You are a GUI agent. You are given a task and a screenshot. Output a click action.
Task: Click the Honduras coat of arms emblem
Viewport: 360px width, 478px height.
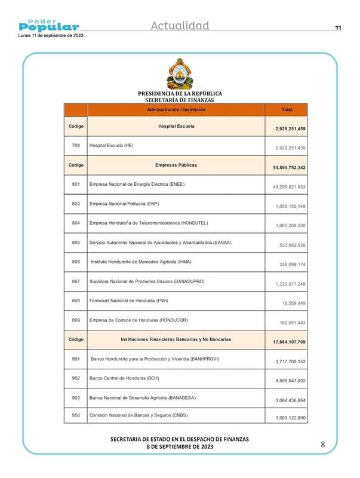click(x=180, y=74)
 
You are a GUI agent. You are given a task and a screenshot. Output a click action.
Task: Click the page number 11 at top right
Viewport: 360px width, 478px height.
click(x=338, y=28)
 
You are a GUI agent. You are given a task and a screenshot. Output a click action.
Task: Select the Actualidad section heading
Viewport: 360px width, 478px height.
click(x=180, y=26)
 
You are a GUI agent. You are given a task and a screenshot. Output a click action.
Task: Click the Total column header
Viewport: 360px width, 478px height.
click(x=286, y=110)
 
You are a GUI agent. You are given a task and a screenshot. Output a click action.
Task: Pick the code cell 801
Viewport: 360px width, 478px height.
click(x=75, y=184)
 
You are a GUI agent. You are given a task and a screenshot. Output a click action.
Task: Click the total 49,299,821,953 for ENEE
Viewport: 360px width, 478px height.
click(x=284, y=188)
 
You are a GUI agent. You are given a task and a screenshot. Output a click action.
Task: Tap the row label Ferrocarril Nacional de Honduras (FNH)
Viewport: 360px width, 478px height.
click(x=128, y=301)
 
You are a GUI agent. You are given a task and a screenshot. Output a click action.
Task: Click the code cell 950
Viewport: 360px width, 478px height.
click(x=75, y=414)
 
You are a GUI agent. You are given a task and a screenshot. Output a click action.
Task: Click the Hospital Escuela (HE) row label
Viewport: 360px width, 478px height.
click(x=111, y=145)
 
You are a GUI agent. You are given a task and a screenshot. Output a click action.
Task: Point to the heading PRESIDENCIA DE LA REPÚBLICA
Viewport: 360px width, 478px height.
click(x=180, y=94)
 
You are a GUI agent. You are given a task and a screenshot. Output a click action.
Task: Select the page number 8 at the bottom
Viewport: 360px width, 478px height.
click(x=322, y=445)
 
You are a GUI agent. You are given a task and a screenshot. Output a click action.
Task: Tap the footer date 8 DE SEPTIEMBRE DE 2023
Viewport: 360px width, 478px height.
click(x=180, y=447)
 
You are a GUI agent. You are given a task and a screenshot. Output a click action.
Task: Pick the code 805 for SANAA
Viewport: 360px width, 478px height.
click(x=75, y=242)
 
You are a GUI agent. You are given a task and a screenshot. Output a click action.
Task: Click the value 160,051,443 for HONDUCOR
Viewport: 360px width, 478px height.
click(x=284, y=323)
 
